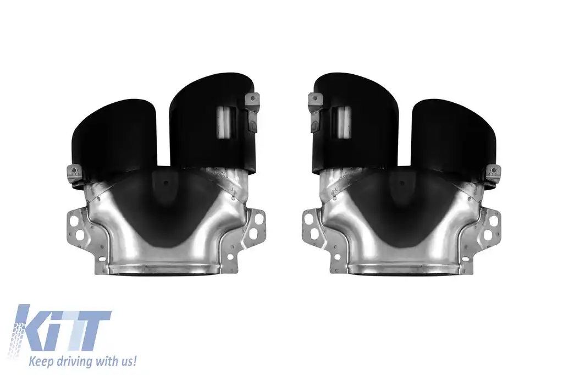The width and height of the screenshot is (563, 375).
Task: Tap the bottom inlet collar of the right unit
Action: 401,269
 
